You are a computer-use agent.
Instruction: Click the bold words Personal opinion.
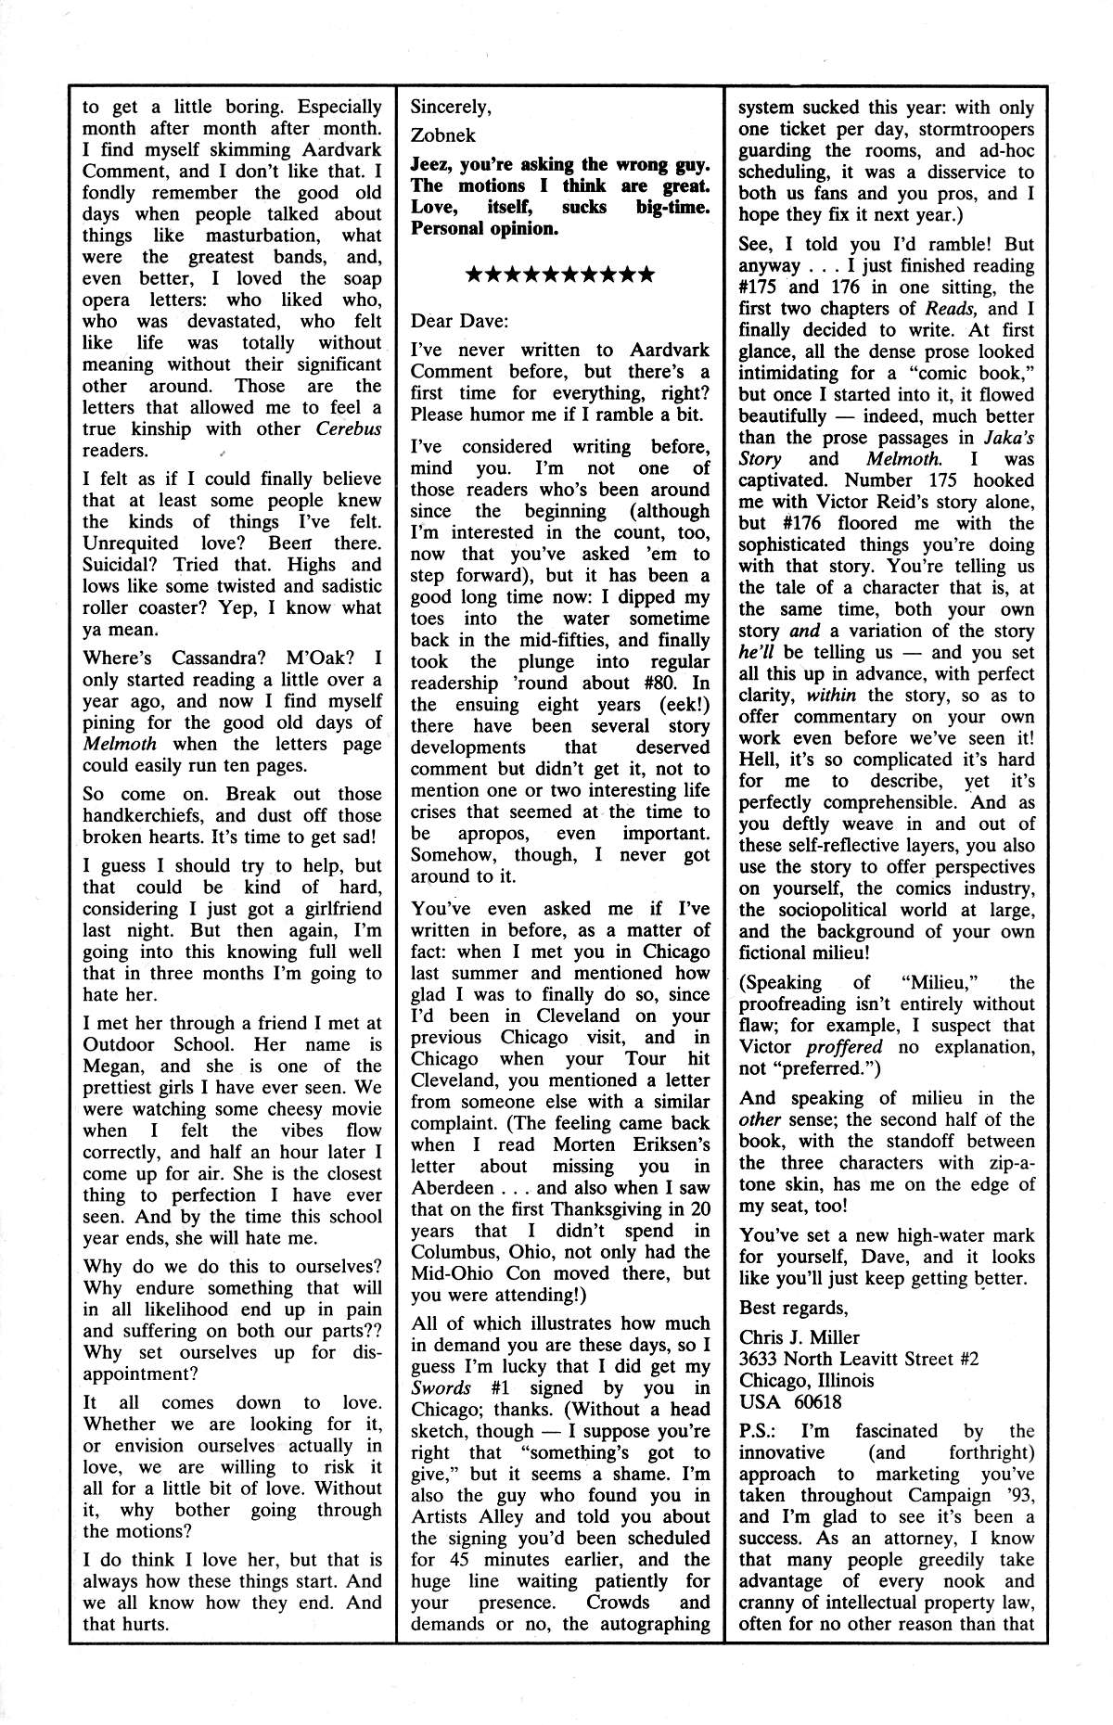[x=484, y=228]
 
